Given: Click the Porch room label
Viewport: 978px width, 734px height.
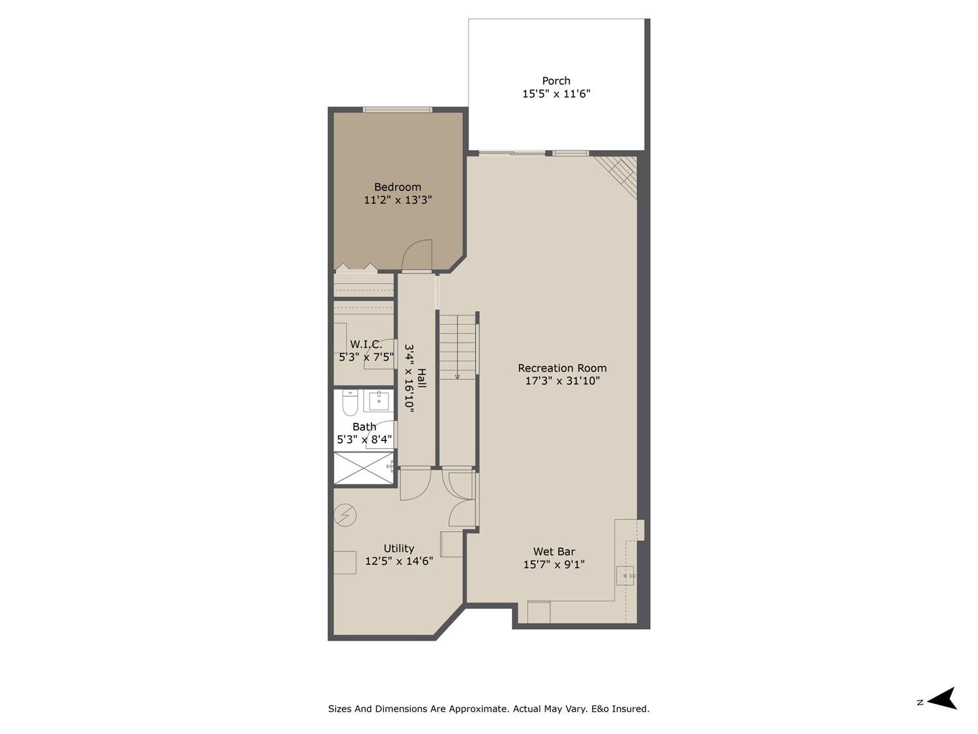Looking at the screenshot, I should tap(556, 81).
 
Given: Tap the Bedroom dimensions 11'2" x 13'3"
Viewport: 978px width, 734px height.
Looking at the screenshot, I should tap(398, 200).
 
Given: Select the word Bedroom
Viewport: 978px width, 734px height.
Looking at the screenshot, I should tap(397, 187).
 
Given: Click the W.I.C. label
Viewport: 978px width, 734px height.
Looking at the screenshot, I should tap(366, 344).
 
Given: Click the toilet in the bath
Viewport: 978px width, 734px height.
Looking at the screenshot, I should tap(350, 403).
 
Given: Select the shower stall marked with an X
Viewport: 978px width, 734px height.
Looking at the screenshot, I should tap(364, 468).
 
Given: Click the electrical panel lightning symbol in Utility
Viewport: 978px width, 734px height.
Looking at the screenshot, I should tap(345, 515).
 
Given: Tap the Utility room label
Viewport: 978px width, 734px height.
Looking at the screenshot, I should tap(398, 549).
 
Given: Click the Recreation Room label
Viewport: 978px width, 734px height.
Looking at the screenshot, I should tap(562, 368).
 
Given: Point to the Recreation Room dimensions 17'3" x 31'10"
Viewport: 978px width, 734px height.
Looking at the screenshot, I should tap(562, 381).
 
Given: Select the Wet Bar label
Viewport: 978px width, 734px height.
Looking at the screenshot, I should tap(554, 551).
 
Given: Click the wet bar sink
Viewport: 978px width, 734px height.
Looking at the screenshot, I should tap(626, 576).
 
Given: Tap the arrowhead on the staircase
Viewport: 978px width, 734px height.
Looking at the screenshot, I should tap(458, 376).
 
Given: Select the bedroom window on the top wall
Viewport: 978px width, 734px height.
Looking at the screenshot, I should tap(397, 109).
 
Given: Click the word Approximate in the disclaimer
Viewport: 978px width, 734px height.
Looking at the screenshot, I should tap(476, 709).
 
